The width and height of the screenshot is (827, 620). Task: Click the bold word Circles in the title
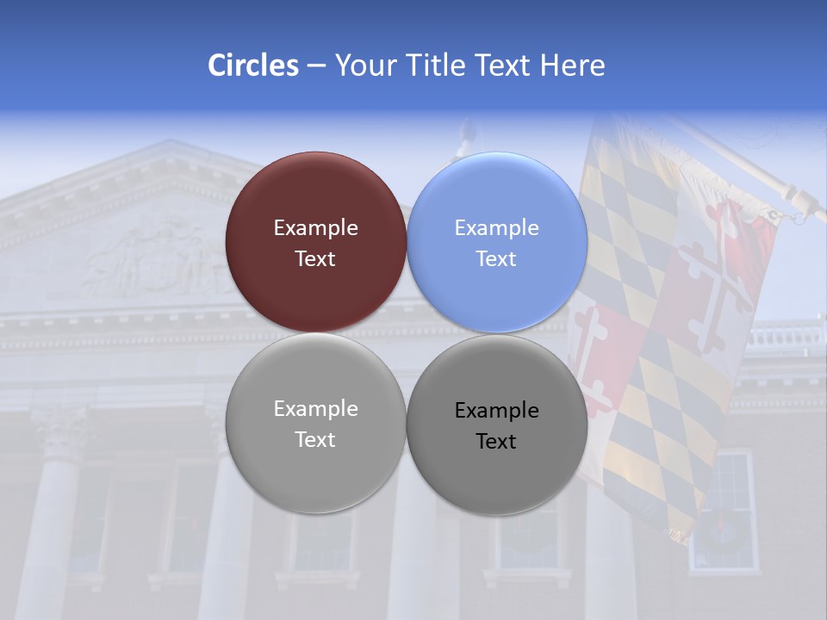[x=252, y=65]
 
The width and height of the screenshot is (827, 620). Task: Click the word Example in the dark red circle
[x=315, y=228]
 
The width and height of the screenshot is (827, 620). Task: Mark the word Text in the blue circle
[x=496, y=259]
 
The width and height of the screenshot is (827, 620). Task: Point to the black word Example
[x=497, y=411]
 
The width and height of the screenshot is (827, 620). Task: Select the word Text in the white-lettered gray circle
[x=315, y=440]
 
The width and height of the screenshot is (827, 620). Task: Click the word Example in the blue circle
[x=497, y=228]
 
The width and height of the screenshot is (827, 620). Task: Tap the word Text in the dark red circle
[x=315, y=259]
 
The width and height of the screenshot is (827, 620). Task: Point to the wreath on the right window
[x=722, y=531]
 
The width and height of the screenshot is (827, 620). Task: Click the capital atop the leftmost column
[x=60, y=425]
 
